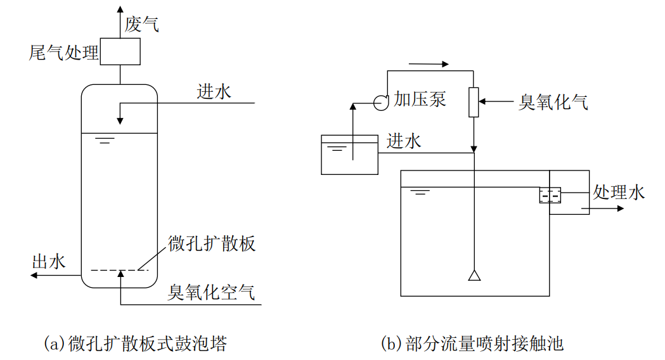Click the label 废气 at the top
(141, 24)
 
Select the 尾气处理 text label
(63, 53)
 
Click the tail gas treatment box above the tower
(120, 52)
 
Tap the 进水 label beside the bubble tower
(214, 93)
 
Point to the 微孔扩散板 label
(212, 243)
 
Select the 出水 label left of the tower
(49, 261)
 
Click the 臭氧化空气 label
(211, 292)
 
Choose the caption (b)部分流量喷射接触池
(472, 344)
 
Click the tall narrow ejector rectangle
(474, 101)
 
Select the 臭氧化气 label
(553, 101)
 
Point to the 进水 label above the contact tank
(404, 141)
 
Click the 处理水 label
(618, 192)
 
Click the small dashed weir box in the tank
(550, 195)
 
